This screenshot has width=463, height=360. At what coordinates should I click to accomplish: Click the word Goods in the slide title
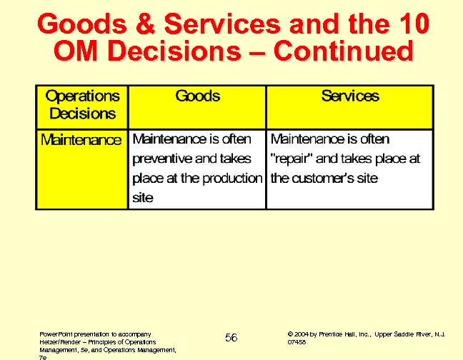(x=74, y=24)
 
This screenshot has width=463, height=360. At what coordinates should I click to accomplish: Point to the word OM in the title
(x=77, y=52)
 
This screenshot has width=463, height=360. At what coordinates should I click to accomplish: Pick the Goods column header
(x=197, y=96)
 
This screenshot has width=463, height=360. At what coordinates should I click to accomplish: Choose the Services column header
(x=350, y=96)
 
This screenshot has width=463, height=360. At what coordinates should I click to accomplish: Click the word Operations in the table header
(x=82, y=96)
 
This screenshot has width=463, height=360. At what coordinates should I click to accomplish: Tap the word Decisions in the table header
(x=82, y=114)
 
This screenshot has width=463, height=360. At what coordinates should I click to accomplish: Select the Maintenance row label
(x=81, y=140)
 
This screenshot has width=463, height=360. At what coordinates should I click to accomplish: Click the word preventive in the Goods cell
(x=161, y=159)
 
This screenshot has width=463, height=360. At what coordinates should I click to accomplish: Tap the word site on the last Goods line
(x=143, y=197)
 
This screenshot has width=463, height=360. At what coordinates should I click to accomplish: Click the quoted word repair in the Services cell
(x=292, y=159)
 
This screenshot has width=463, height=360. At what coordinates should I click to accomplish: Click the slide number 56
(x=231, y=337)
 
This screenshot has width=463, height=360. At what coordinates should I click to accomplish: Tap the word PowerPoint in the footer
(x=56, y=334)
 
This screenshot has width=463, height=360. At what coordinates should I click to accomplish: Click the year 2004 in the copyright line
(x=302, y=334)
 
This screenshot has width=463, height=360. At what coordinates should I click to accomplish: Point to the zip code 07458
(x=297, y=342)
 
